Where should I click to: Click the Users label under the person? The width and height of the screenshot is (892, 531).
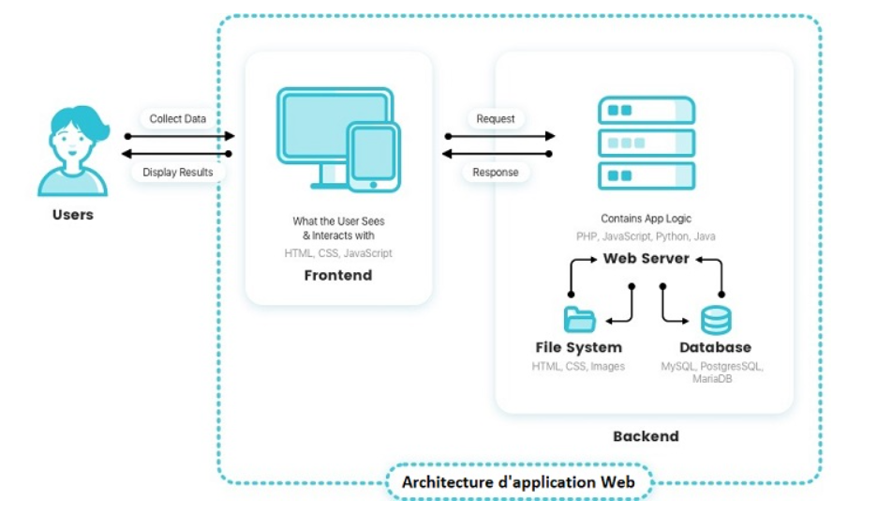[x=73, y=215]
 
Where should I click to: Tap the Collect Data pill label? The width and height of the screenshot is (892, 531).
[x=178, y=119]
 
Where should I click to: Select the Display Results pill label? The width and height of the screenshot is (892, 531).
[x=178, y=172]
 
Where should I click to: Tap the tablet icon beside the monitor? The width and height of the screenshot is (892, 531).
[x=373, y=156]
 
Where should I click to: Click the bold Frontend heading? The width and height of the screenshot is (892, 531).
[x=338, y=276]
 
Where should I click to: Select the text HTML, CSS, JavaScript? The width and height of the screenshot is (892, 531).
[x=338, y=253]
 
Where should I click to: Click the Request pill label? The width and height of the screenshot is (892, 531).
[x=496, y=119]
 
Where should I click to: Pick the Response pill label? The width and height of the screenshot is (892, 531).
[x=496, y=172]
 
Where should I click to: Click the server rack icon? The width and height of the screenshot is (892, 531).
[x=647, y=143]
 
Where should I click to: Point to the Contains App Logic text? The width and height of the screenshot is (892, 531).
[x=647, y=219]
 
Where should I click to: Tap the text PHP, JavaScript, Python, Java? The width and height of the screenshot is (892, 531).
[x=647, y=236]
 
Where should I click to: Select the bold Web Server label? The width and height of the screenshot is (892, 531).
[x=647, y=258]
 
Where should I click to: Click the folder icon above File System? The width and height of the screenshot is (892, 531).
[x=580, y=320]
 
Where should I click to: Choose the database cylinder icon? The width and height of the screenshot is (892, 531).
[x=716, y=320]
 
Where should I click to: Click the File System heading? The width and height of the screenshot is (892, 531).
[x=578, y=348]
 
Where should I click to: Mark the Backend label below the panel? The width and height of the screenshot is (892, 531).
[x=646, y=436]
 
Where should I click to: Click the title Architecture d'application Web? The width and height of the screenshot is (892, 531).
[x=519, y=482]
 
